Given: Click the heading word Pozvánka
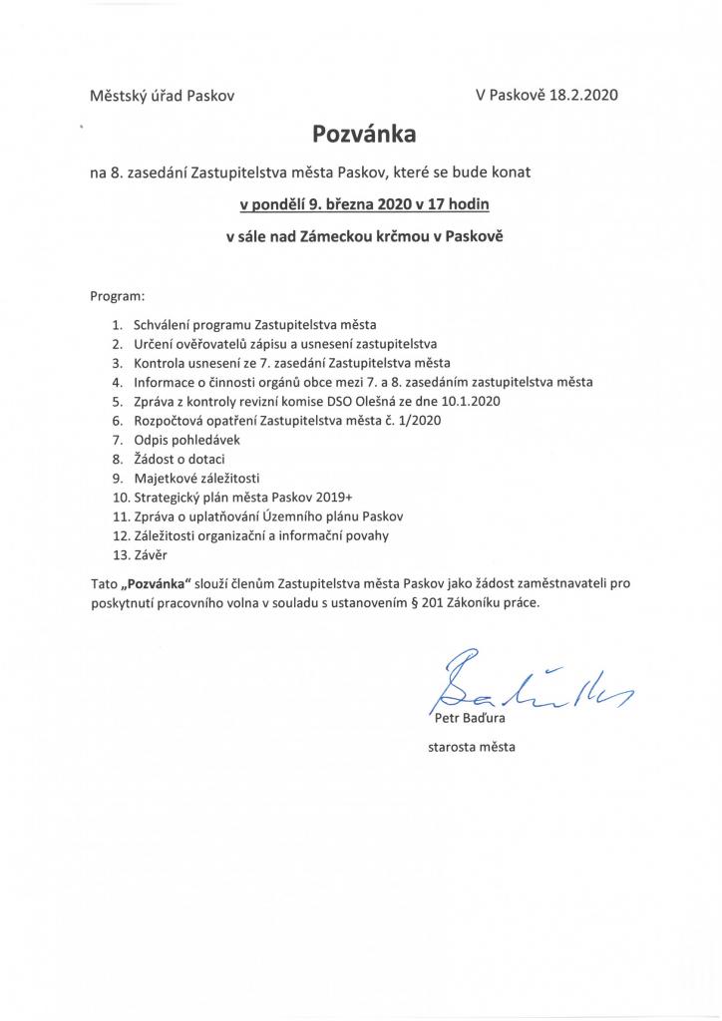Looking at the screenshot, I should point(361,134).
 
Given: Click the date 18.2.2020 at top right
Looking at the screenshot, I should point(583,97).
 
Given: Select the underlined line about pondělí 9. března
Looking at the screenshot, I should point(364,205).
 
